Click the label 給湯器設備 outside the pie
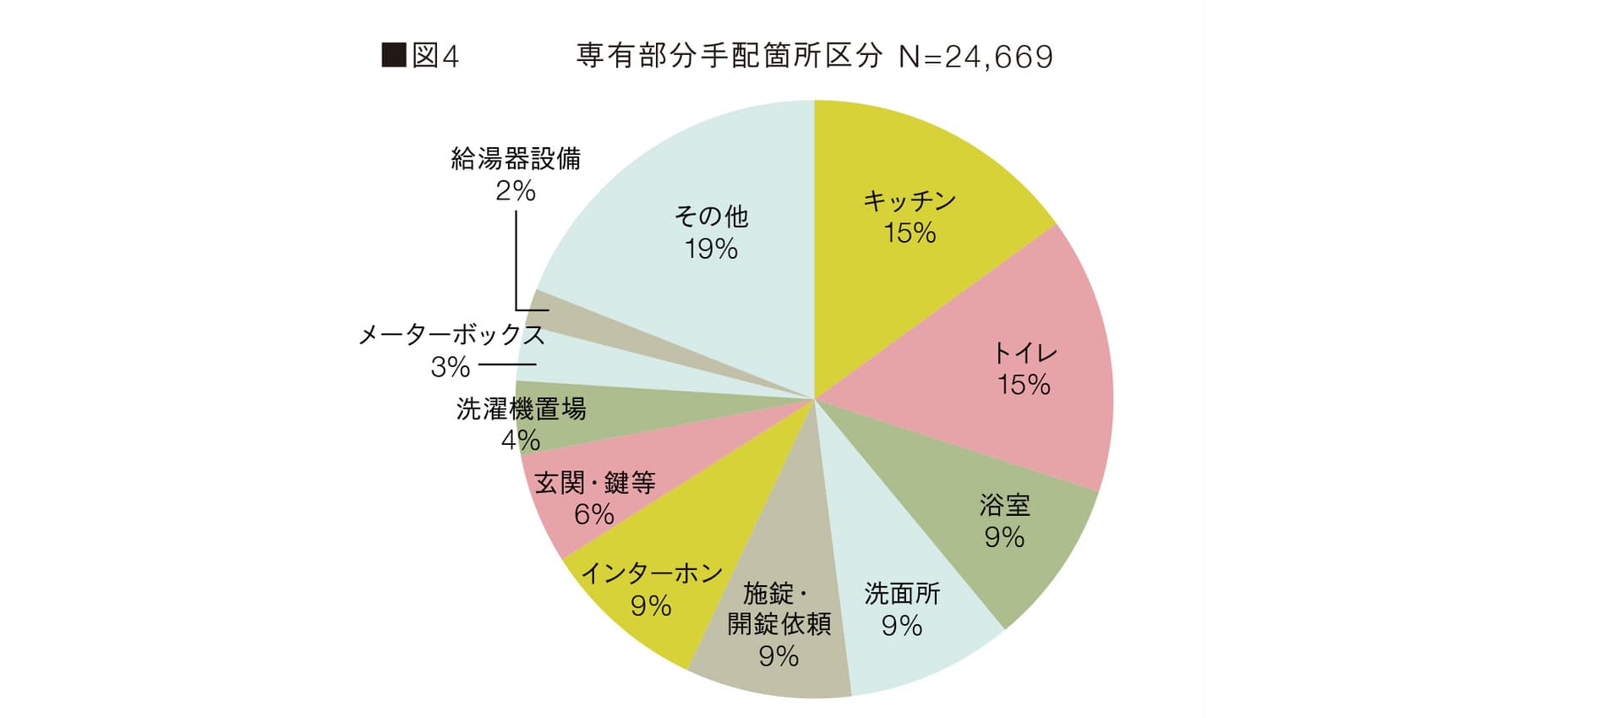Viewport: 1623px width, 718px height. click(516, 159)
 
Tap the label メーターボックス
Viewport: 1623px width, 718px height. click(451, 335)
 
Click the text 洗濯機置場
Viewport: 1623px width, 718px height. click(521, 409)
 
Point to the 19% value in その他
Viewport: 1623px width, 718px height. click(711, 249)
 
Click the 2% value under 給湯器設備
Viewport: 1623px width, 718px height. click(516, 191)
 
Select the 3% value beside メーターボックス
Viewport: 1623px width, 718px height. click(450, 367)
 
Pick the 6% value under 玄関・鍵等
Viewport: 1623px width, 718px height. click(593, 514)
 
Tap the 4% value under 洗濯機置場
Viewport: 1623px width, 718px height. click(521, 441)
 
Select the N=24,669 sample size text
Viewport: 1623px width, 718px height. click(975, 57)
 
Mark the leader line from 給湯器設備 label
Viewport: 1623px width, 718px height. click(516, 262)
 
